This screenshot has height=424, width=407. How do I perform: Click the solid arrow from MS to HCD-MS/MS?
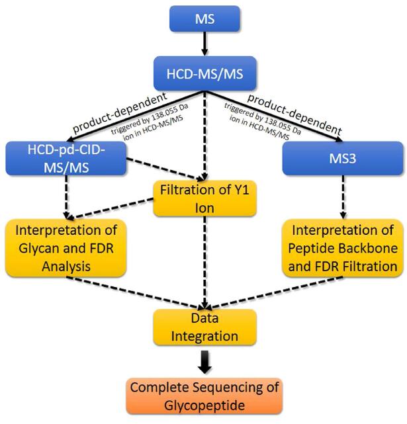(203, 44)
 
